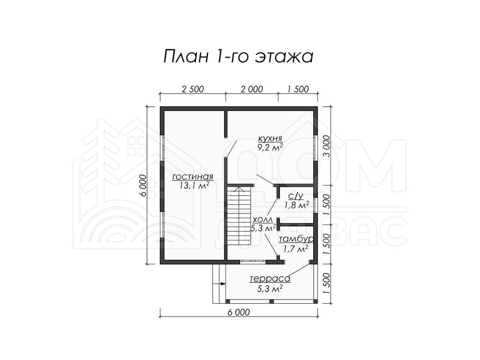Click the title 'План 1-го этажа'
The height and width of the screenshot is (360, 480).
click(x=238, y=57)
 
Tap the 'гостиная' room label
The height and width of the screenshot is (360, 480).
click(x=193, y=177)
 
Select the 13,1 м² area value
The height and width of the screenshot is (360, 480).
click(x=194, y=185)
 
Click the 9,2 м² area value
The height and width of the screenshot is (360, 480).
click(x=270, y=148)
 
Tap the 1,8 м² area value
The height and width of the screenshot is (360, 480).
click(x=297, y=205)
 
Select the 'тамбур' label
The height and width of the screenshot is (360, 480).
click(x=296, y=240)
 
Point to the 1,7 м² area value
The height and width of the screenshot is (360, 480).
click(x=296, y=248)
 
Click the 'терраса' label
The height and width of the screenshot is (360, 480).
click(x=270, y=279)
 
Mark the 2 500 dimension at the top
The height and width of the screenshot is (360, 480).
click(x=193, y=89)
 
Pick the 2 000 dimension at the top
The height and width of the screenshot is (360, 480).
click(x=252, y=89)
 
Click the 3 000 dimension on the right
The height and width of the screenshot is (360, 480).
click(x=326, y=146)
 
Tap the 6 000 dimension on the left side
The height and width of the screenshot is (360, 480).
click(x=143, y=185)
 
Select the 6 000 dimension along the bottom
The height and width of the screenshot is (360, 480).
click(x=238, y=312)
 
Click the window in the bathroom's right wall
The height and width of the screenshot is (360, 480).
click(x=316, y=205)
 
